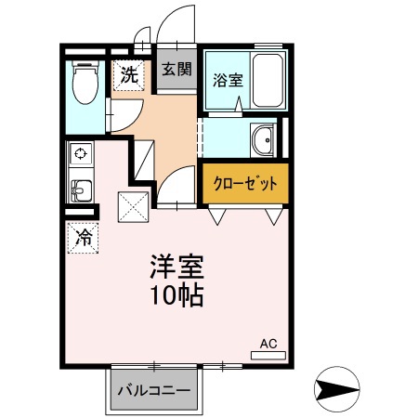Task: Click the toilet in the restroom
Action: (86, 83)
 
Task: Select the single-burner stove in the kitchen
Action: (80, 153)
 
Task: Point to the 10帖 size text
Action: (176, 297)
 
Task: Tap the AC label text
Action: (268, 344)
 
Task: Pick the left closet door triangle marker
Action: (216, 216)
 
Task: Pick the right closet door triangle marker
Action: (274, 216)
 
